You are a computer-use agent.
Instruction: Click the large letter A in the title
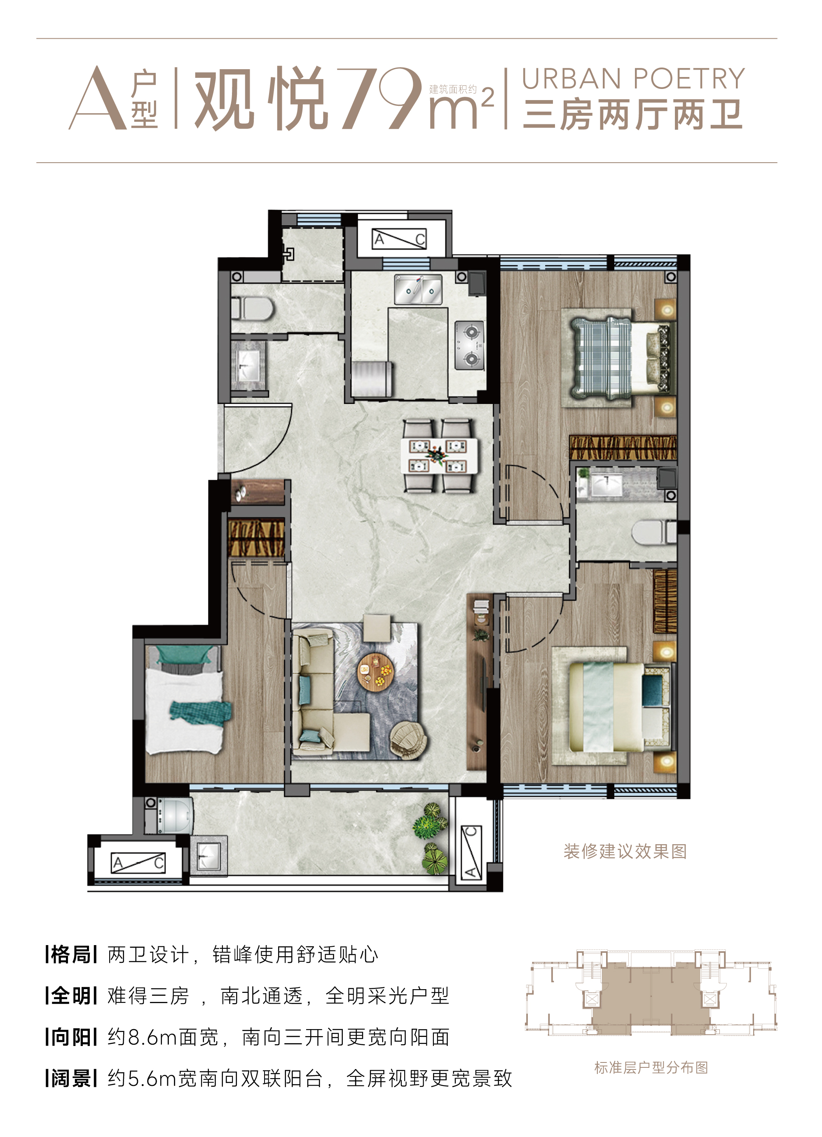pos(97,99)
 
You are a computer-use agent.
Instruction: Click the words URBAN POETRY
pos(633,79)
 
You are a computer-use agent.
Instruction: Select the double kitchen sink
pos(418,289)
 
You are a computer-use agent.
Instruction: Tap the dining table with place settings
pos(439,456)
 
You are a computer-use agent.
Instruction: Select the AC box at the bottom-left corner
pos(138,862)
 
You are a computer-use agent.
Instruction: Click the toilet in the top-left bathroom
pos(252,309)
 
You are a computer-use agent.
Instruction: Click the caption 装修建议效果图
pos(625,851)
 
